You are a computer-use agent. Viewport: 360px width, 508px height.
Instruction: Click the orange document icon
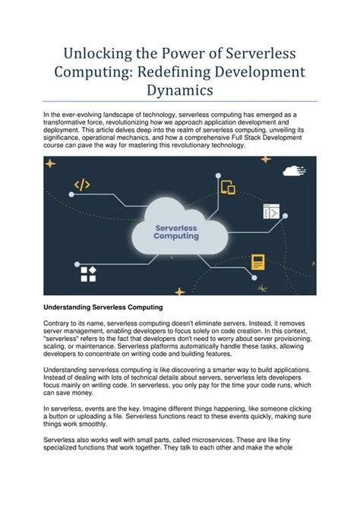[x=257, y=262]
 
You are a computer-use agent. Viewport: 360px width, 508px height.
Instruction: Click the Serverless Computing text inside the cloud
[x=177, y=232]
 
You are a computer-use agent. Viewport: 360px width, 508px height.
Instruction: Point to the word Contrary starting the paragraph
[x=58, y=324]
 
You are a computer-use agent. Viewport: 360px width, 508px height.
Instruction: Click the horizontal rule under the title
[x=180, y=101]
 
